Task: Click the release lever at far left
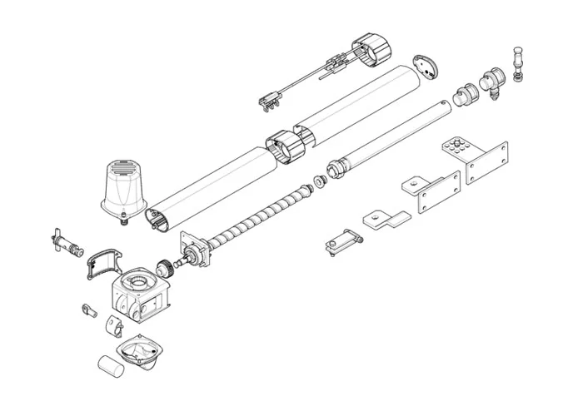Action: tap(64, 243)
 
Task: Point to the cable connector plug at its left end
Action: tap(267, 102)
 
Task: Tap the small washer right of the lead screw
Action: tap(319, 182)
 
